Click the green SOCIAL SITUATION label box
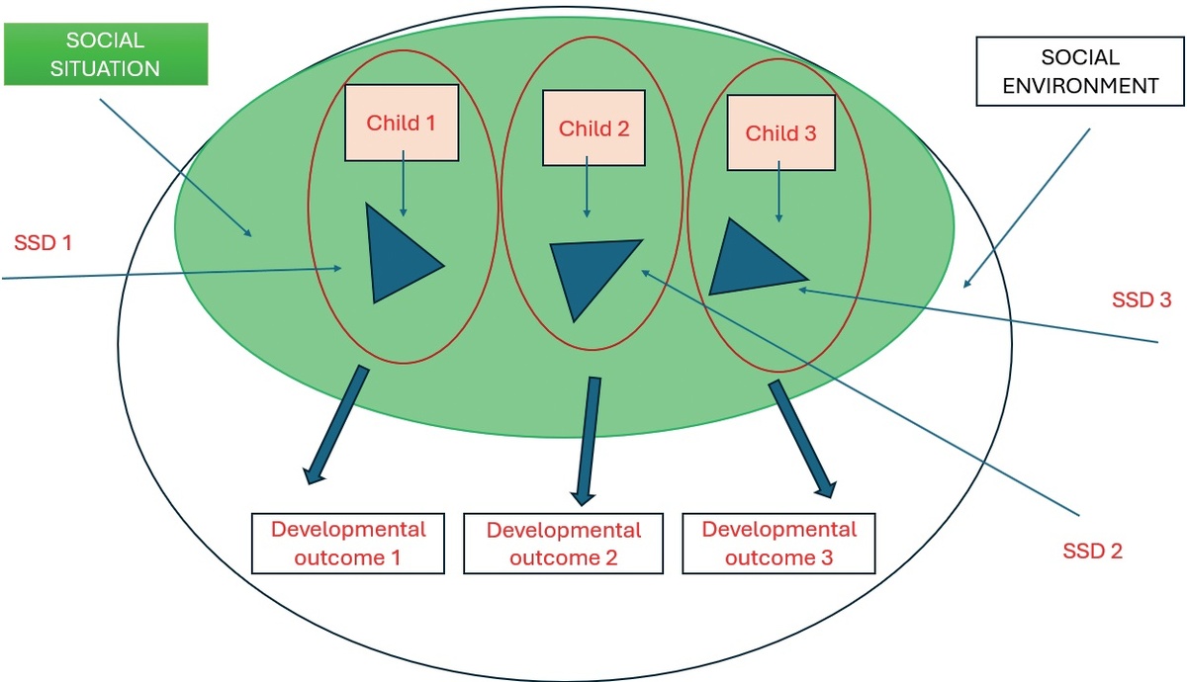(x=106, y=54)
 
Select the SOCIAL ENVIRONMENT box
(x=1080, y=71)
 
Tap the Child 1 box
(x=402, y=123)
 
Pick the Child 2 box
(x=594, y=128)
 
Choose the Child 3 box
(x=781, y=132)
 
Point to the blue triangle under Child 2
(x=591, y=273)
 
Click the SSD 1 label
(x=43, y=243)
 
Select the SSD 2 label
(x=1093, y=552)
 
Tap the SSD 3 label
(x=1141, y=299)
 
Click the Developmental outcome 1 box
(x=348, y=544)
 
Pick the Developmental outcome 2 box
(x=563, y=544)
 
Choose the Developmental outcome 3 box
(x=779, y=544)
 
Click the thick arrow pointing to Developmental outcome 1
(x=337, y=424)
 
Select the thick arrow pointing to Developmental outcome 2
(x=588, y=441)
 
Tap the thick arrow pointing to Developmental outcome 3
(x=802, y=439)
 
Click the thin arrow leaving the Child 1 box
(x=404, y=183)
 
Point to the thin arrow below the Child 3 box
(x=779, y=191)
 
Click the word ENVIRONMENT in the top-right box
(x=1080, y=86)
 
